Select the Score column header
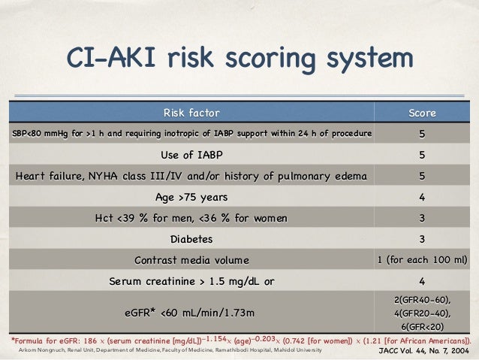(x=422, y=113)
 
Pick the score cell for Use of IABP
(x=422, y=156)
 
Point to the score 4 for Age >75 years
(x=422, y=198)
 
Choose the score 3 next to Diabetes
(x=422, y=239)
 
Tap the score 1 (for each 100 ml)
(x=422, y=260)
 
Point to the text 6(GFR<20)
(x=422, y=327)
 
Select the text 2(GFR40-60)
(x=422, y=299)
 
